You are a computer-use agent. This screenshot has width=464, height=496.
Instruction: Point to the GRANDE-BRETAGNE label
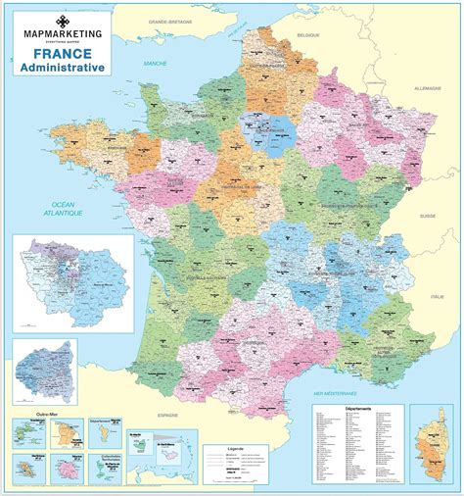pyautogui.click(x=169, y=20)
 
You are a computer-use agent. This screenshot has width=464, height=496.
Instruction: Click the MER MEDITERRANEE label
pyautogui.click(x=331, y=392)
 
